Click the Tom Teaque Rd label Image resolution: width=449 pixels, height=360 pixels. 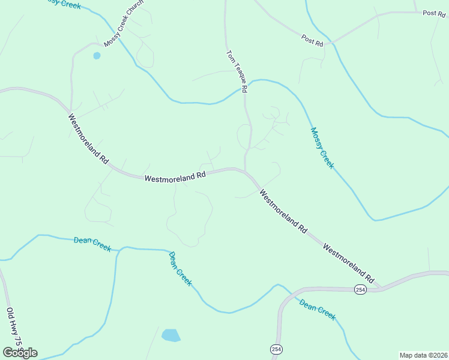pyautogui.click(x=237, y=71)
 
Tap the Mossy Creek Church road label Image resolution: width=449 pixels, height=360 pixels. pyautogui.click(x=124, y=27)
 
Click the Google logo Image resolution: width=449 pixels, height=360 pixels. pyautogui.click(x=20, y=353)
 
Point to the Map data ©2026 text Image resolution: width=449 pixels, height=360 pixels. pyautogui.click(x=423, y=355)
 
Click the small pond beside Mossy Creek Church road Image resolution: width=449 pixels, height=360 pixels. pyautogui.click(x=97, y=56)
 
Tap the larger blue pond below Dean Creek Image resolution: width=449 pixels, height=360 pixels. pyautogui.click(x=170, y=335)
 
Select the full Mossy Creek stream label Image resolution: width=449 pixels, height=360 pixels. pyautogui.click(x=322, y=148)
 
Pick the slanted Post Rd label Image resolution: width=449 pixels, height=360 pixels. pyautogui.click(x=313, y=41)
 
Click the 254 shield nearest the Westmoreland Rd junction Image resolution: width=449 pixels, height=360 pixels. pyautogui.click(x=360, y=289)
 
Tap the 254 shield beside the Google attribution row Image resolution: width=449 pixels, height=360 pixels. pyautogui.click(x=276, y=349)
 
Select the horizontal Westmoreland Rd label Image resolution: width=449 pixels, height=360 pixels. pyautogui.click(x=175, y=177)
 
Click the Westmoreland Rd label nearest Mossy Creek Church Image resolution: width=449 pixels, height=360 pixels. pyautogui.click(x=88, y=139)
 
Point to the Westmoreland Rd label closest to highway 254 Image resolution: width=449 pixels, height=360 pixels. pyautogui.click(x=348, y=263)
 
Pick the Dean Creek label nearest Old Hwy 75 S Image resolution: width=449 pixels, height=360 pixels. pyautogui.click(x=92, y=243)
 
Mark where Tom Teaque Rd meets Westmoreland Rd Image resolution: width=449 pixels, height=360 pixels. pyautogui.click(x=245, y=170)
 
